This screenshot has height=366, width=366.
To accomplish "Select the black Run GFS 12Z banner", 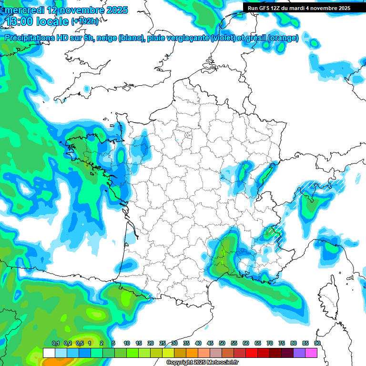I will (299, 8).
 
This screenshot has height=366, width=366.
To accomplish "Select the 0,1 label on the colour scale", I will (55, 343).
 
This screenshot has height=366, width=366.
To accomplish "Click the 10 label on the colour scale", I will (127, 343).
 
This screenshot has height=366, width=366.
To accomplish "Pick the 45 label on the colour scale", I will (210, 343).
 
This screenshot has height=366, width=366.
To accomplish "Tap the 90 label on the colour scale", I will (317, 343).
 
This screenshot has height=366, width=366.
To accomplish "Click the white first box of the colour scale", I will (49, 353).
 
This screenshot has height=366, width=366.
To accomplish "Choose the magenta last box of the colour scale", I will (311, 353).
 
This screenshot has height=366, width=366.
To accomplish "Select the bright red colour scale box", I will (251, 353).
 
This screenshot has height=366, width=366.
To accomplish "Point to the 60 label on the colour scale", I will (246, 343).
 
